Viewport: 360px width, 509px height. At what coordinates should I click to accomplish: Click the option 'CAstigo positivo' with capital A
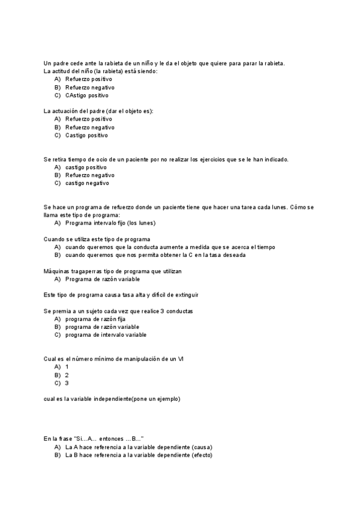(x=87, y=95)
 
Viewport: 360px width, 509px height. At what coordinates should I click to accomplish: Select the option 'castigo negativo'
(x=87, y=183)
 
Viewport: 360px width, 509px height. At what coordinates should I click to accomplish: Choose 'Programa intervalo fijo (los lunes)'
(x=110, y=223)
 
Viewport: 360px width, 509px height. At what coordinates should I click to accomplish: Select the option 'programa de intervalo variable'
(x=106, y=334)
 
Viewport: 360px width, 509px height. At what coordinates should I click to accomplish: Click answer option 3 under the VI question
(x=67, y=382)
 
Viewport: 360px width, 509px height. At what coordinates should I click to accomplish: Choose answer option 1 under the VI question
(x=67, y=366)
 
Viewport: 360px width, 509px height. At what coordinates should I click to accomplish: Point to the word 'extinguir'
(x=185, y=295)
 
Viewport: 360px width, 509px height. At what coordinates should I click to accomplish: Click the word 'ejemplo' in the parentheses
(x=167, y=399)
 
